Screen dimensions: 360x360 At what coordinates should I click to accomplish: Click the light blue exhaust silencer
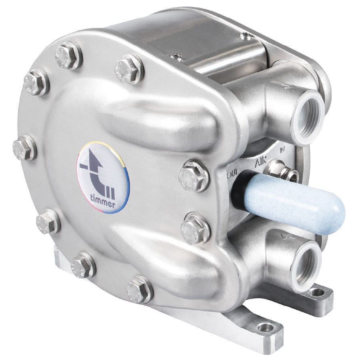pos(294,204)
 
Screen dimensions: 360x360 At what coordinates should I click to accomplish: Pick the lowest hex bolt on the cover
pos(139,289)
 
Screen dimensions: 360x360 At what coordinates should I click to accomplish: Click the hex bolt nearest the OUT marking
pos(194,176)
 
